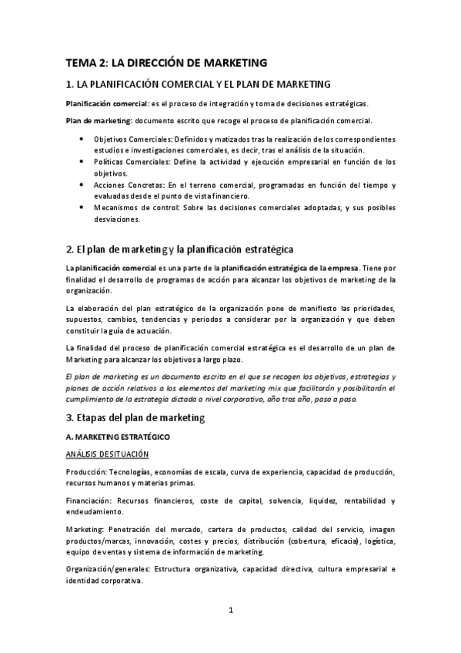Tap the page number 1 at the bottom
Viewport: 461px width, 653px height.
point(230,611)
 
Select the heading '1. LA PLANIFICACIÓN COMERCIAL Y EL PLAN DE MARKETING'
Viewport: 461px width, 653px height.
point(198,84)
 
